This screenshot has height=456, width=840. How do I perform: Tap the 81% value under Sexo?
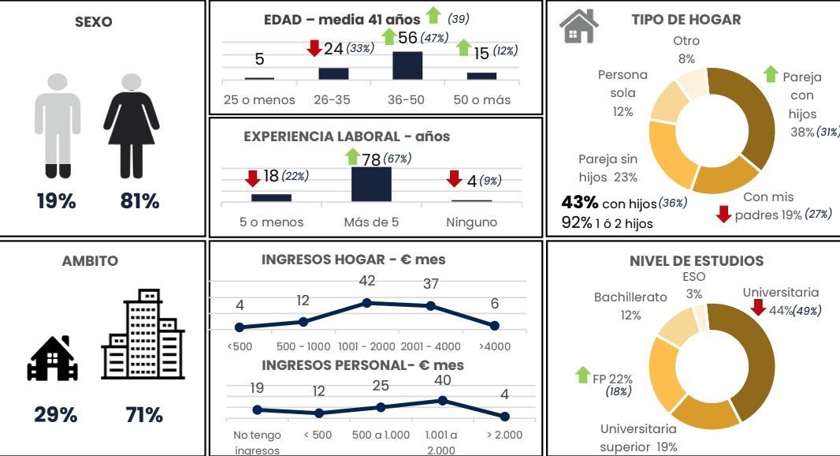coord(140,201)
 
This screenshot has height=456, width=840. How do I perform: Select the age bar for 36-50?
coord(407,65)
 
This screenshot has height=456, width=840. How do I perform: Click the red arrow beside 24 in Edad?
coord(314,49)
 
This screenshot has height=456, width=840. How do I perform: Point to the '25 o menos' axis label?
coord(259,100)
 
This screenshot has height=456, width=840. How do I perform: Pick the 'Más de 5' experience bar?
coord(371,184)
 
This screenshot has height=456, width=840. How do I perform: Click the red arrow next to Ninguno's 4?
coord(455,179)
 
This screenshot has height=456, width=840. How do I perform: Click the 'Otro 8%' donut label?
coord(686,50)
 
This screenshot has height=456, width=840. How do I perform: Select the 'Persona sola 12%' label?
coord(623,93)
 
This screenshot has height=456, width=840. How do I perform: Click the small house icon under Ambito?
coord(53,359)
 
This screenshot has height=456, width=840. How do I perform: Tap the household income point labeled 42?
coord(366,303)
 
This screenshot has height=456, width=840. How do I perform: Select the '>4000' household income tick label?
coord(494,346)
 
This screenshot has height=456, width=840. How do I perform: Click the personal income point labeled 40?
coord(443,400)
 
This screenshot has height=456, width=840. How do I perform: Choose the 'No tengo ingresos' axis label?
coord(252,443)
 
